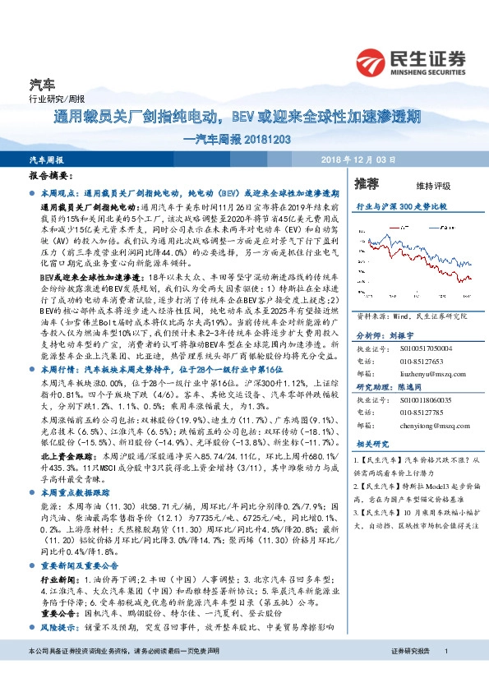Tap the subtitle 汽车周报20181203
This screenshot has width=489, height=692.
[x=238, y=139]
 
